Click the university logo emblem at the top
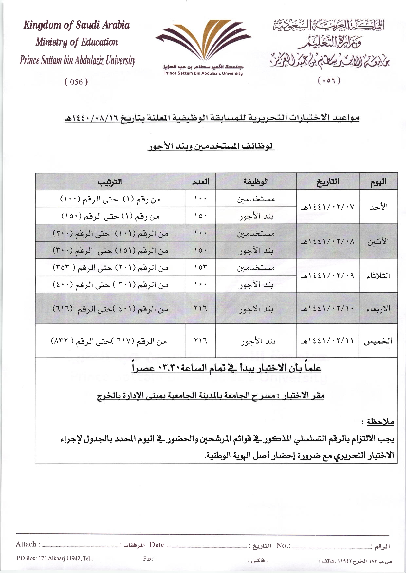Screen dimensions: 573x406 pyautogui.click(x=203, y=41)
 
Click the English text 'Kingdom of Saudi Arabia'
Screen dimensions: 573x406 pyautogui.click(x=77, y=25)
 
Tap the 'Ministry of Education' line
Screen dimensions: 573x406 pyautogui.click(x=77, y=42)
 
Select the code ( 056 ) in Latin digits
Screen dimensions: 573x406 pyautogui.click(x=76, y=82)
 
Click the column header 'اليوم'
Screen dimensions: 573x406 pyautogui.click(x=378, y=181)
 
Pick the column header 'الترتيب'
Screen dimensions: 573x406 pyautogui.click(x=110, y=181)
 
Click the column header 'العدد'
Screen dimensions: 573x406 pyautogui.click(x=200, y=181)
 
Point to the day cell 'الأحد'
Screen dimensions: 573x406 pyautogui.click(x=378, y=207)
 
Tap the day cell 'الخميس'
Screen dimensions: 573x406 pyautogui.click(x=378, y=341)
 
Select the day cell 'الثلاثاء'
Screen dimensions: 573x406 pyautogui.click(x=378, y=276)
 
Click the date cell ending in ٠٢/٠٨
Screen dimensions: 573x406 pyautogui.click(x=327, y=242)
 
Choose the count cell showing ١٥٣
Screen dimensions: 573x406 pyautogui.click(x=200, y=268)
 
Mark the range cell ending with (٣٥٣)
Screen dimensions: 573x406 pyautogui.click(x=110, y=268)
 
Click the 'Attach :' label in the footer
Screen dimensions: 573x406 pyautogui.click(x=28, y=544)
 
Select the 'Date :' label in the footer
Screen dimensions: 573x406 pyautogui.click(x=159, y=544)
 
